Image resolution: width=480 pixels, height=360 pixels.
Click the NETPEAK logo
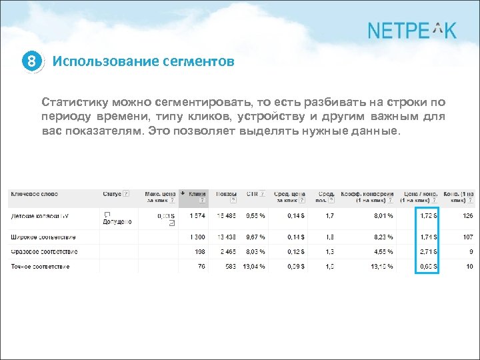(x=411, y=30)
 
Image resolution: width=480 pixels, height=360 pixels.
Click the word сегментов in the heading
(x=198, y=62)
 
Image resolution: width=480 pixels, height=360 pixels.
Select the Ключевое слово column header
(x=34, y=194)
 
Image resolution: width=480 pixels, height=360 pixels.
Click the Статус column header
(x=113, y=194)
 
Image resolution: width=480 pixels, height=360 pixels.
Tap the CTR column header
(x=252, y=194)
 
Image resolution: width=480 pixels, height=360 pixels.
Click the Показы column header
(x=223, y=194)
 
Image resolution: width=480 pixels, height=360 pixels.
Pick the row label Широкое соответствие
(x=43, y=237)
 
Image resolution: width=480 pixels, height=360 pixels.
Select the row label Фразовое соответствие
(x=44, y=251)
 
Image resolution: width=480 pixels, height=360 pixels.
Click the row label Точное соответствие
(x=40, y=267)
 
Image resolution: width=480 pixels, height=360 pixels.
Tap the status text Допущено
(x=117, y=221)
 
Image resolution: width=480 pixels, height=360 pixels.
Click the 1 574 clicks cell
(x=197, y=215)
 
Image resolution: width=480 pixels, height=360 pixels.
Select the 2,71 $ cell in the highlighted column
(x=427, y=251)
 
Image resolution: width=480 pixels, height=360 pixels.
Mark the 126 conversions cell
(x=467, y=215)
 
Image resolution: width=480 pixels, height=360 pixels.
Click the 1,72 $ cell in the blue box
(x=427, y=215)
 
